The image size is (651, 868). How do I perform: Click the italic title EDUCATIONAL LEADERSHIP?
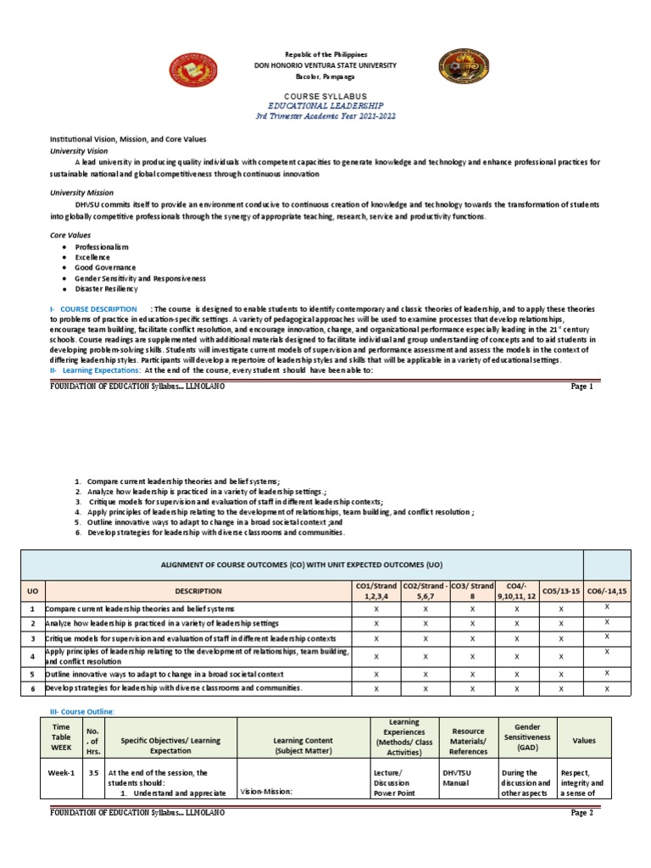point(325,107)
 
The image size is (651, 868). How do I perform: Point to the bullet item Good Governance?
point(105,267)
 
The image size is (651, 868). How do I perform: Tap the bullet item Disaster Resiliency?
point(108,289)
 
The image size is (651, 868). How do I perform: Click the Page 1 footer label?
point(582,387)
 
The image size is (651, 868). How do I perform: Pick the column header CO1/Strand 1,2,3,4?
point(376,591)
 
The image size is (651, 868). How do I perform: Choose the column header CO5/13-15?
point(561,591)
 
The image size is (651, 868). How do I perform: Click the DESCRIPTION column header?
point(198,591)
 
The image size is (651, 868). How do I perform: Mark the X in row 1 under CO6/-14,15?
point(607,608)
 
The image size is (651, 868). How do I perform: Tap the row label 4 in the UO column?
point(31,655)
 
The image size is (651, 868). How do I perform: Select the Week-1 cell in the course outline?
point(61,773)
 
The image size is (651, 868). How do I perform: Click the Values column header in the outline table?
point(584,740)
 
